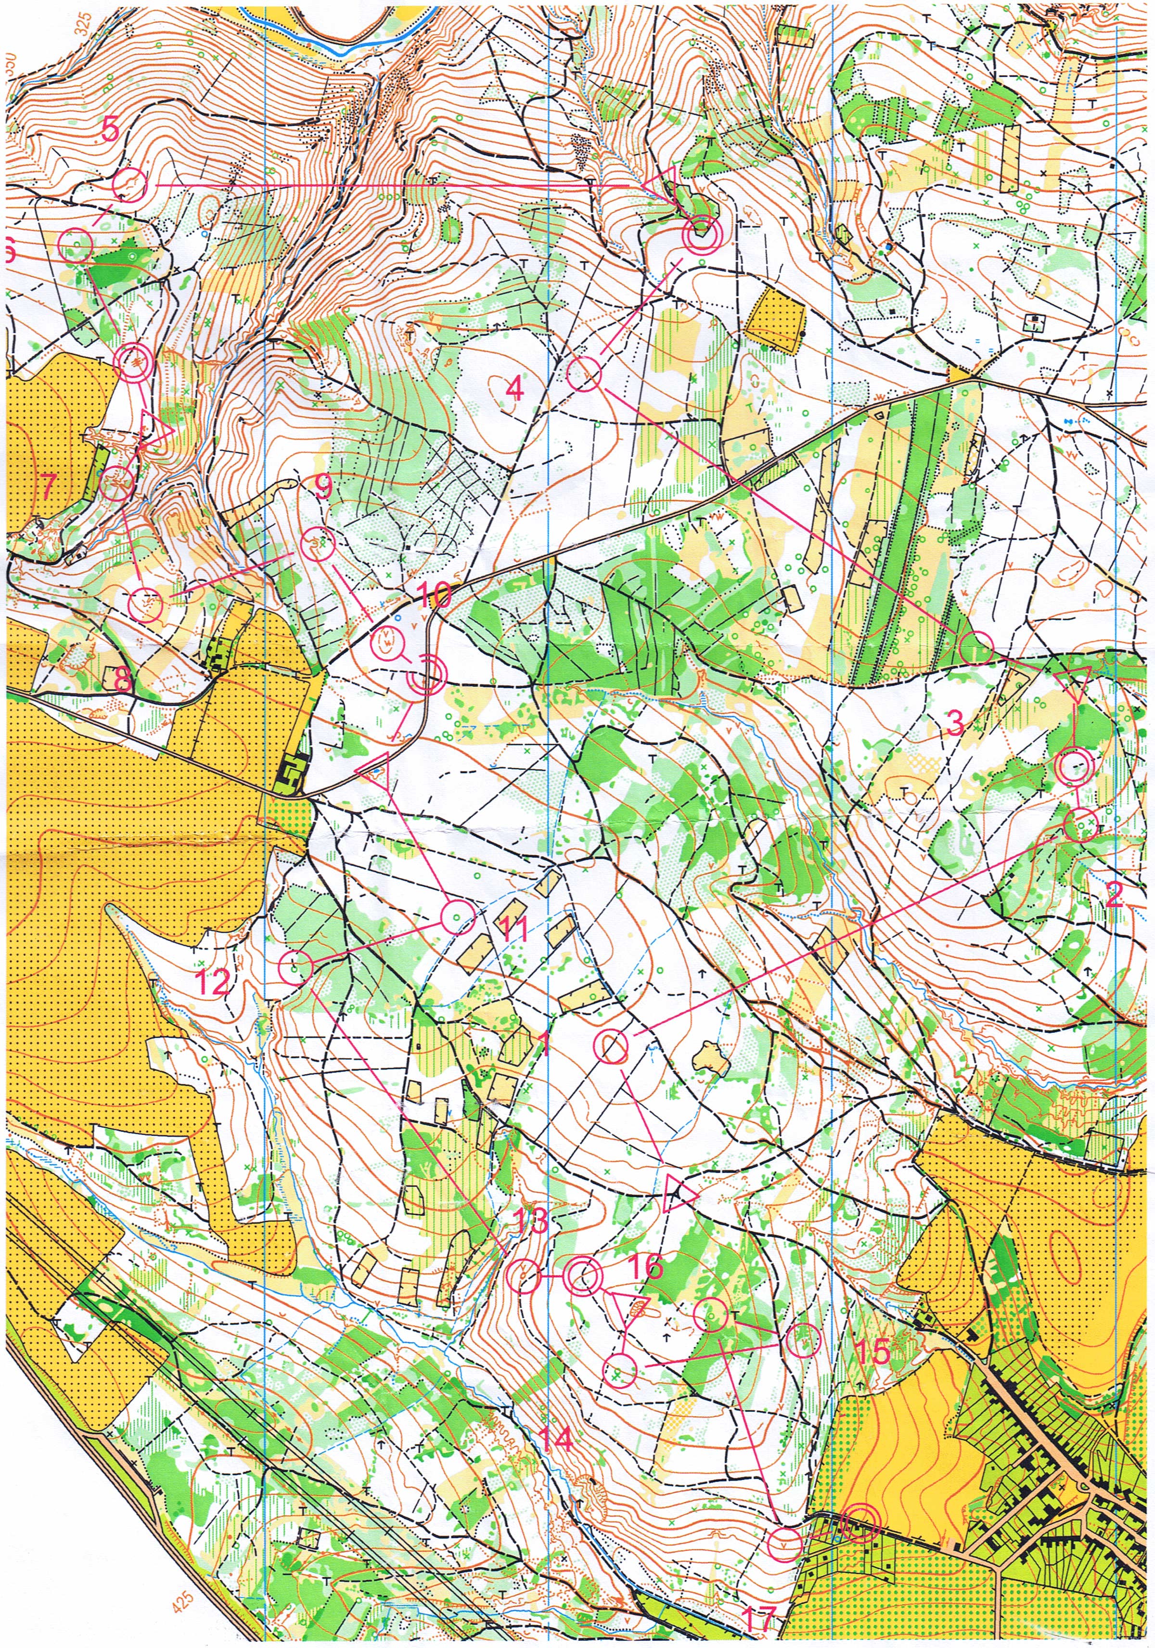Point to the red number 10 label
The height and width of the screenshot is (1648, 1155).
(x=434, y=595)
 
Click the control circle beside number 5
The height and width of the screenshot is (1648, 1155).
(x=130, y=185)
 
